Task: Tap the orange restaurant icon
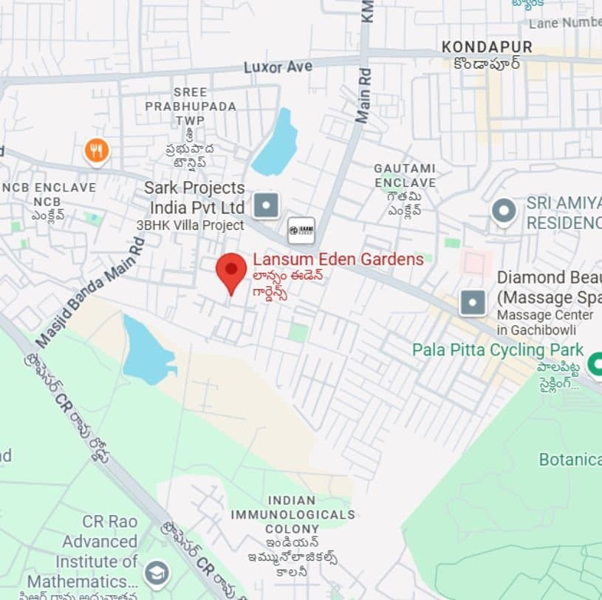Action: tap(96, 151)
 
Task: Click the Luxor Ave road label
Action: tap(278, 67)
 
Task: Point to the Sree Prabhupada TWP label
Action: tap(191, 106)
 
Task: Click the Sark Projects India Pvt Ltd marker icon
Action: tap(267, 205)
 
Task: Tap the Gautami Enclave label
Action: tap(405, 175)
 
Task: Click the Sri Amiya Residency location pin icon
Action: tap(504, 211)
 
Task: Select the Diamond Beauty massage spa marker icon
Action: tap(473, 302)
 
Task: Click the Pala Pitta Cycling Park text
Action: tap(498, 350)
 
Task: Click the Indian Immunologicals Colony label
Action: tap(293, 514)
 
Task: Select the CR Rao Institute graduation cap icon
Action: tap(157, 573)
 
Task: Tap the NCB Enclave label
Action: tap(49, 188)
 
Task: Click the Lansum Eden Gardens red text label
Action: tap(338, 259)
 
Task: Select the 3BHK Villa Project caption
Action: tap(190, 225)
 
